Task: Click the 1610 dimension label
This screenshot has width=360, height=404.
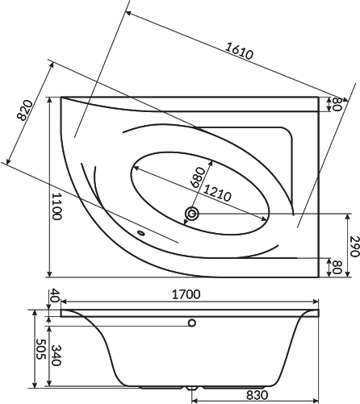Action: (x=239, y=51)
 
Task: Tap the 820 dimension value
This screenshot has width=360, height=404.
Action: (x=24, y=110)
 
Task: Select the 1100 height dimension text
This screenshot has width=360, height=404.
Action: (x=57, y=206)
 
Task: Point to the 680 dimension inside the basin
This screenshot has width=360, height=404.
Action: (x=198, y=177)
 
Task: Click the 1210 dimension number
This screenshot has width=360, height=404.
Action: (x=217, y=193)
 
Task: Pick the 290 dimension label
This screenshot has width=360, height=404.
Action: (x=354, y=246)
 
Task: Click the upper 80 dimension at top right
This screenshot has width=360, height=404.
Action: (x=337, y=104)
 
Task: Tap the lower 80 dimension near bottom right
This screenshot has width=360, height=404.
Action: (x=337, y=267)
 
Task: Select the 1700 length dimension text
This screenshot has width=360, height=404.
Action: (x=186, y=294)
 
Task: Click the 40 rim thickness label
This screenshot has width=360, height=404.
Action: (x=55, y=296)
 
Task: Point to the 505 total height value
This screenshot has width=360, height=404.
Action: (x=41, y=349)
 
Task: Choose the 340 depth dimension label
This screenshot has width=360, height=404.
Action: (x=56, y=356)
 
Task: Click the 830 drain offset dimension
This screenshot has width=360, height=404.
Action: (x=257, y=395)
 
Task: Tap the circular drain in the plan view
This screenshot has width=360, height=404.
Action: (x=192, y=214)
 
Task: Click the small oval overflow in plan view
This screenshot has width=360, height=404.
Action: (x=140, y=233)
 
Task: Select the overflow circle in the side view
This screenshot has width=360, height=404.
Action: (x=192, y=323)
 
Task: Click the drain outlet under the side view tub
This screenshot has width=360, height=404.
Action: (x=192, y=389)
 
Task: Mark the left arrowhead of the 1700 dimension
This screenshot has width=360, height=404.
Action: (x=65, y=302)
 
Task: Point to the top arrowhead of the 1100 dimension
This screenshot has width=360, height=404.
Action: (x=49, y=100)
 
